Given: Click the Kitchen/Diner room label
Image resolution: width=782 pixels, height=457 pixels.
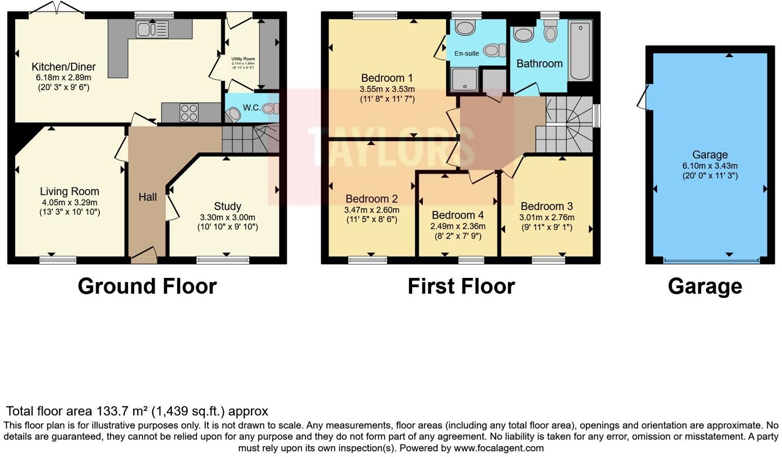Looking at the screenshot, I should tap(63, 67).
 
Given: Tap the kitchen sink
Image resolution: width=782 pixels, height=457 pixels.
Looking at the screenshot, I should tap(152, 29).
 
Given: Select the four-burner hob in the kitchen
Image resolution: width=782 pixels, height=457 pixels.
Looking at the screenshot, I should tap(189, 113).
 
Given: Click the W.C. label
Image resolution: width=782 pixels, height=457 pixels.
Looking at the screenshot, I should tap(252, 108).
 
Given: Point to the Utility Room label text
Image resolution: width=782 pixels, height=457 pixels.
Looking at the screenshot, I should tap(243, 59).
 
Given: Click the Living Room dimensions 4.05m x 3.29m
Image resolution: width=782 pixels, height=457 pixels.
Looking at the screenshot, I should tap(69, 202).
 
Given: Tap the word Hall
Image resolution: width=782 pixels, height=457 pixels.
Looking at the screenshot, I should tap(148, 197).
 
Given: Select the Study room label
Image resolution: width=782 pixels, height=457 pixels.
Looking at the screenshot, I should tap(227, 206).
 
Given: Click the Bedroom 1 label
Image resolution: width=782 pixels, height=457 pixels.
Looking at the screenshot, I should tap(387, 78).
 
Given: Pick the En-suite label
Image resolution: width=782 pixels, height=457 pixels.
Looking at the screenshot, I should tap(467, 53).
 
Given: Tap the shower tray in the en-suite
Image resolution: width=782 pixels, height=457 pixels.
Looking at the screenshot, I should tap(464, 80).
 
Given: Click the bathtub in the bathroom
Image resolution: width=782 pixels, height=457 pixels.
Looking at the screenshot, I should tap(580, 50).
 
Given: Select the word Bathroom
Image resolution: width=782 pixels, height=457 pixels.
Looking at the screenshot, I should tap(539, 64).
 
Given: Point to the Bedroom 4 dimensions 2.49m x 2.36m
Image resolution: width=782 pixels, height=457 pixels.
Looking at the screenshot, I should tap(457, 226).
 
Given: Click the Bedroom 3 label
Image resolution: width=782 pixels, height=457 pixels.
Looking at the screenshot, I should tap(546, 206).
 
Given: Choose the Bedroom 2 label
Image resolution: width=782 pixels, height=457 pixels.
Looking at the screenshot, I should tap(371, 199).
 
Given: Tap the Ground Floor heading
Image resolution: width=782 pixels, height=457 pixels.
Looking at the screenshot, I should tap(147, 286).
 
